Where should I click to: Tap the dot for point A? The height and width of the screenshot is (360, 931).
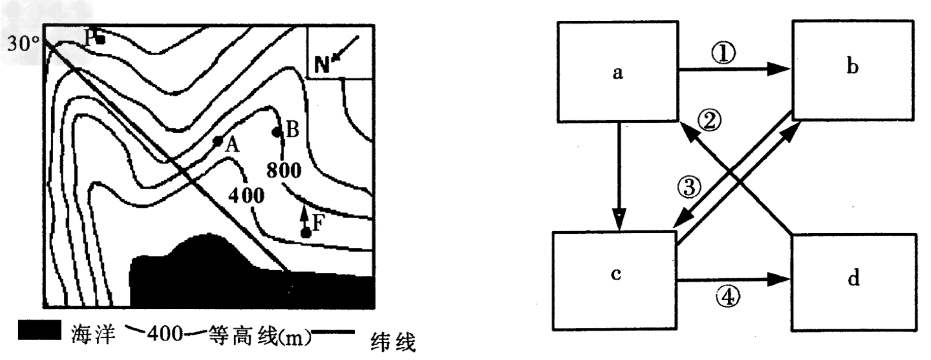pyautogui.click(x=218, y=141)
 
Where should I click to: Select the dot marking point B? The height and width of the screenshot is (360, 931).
pyautogui.click(x=277, y=132)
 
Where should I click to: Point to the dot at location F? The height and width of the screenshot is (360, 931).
pyautogui.click(x=305, y=233)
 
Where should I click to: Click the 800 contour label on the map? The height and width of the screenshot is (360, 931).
pyautogui.click(x=284, y=170)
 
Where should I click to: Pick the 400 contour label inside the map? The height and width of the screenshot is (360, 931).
pyautogui.click(x=246, y=195)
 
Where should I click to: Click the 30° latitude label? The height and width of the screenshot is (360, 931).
pyautogui.click(x=23, y=44)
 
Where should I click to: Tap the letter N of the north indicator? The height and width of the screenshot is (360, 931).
pyautogui.click(x=322, y=65)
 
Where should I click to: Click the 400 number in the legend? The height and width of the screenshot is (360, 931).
pyautogui.click(x=165, y=334)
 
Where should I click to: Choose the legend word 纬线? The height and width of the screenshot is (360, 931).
pyautogui.click(x=393, y=342)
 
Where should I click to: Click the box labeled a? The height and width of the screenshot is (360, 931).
pyautogui.click(x=617, y=71)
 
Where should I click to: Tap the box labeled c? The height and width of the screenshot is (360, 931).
pyautogui.click(x=615, y=280)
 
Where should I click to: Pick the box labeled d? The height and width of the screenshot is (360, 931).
pyautogui.click(x=854, y=282)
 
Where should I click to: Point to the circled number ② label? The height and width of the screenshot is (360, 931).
pyautogui.click(x=710, y=120)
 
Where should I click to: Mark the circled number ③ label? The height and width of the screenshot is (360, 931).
pyautogui.click(x=689, y=187)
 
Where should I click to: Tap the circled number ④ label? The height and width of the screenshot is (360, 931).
pyautogui.click(x=727, y=297)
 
